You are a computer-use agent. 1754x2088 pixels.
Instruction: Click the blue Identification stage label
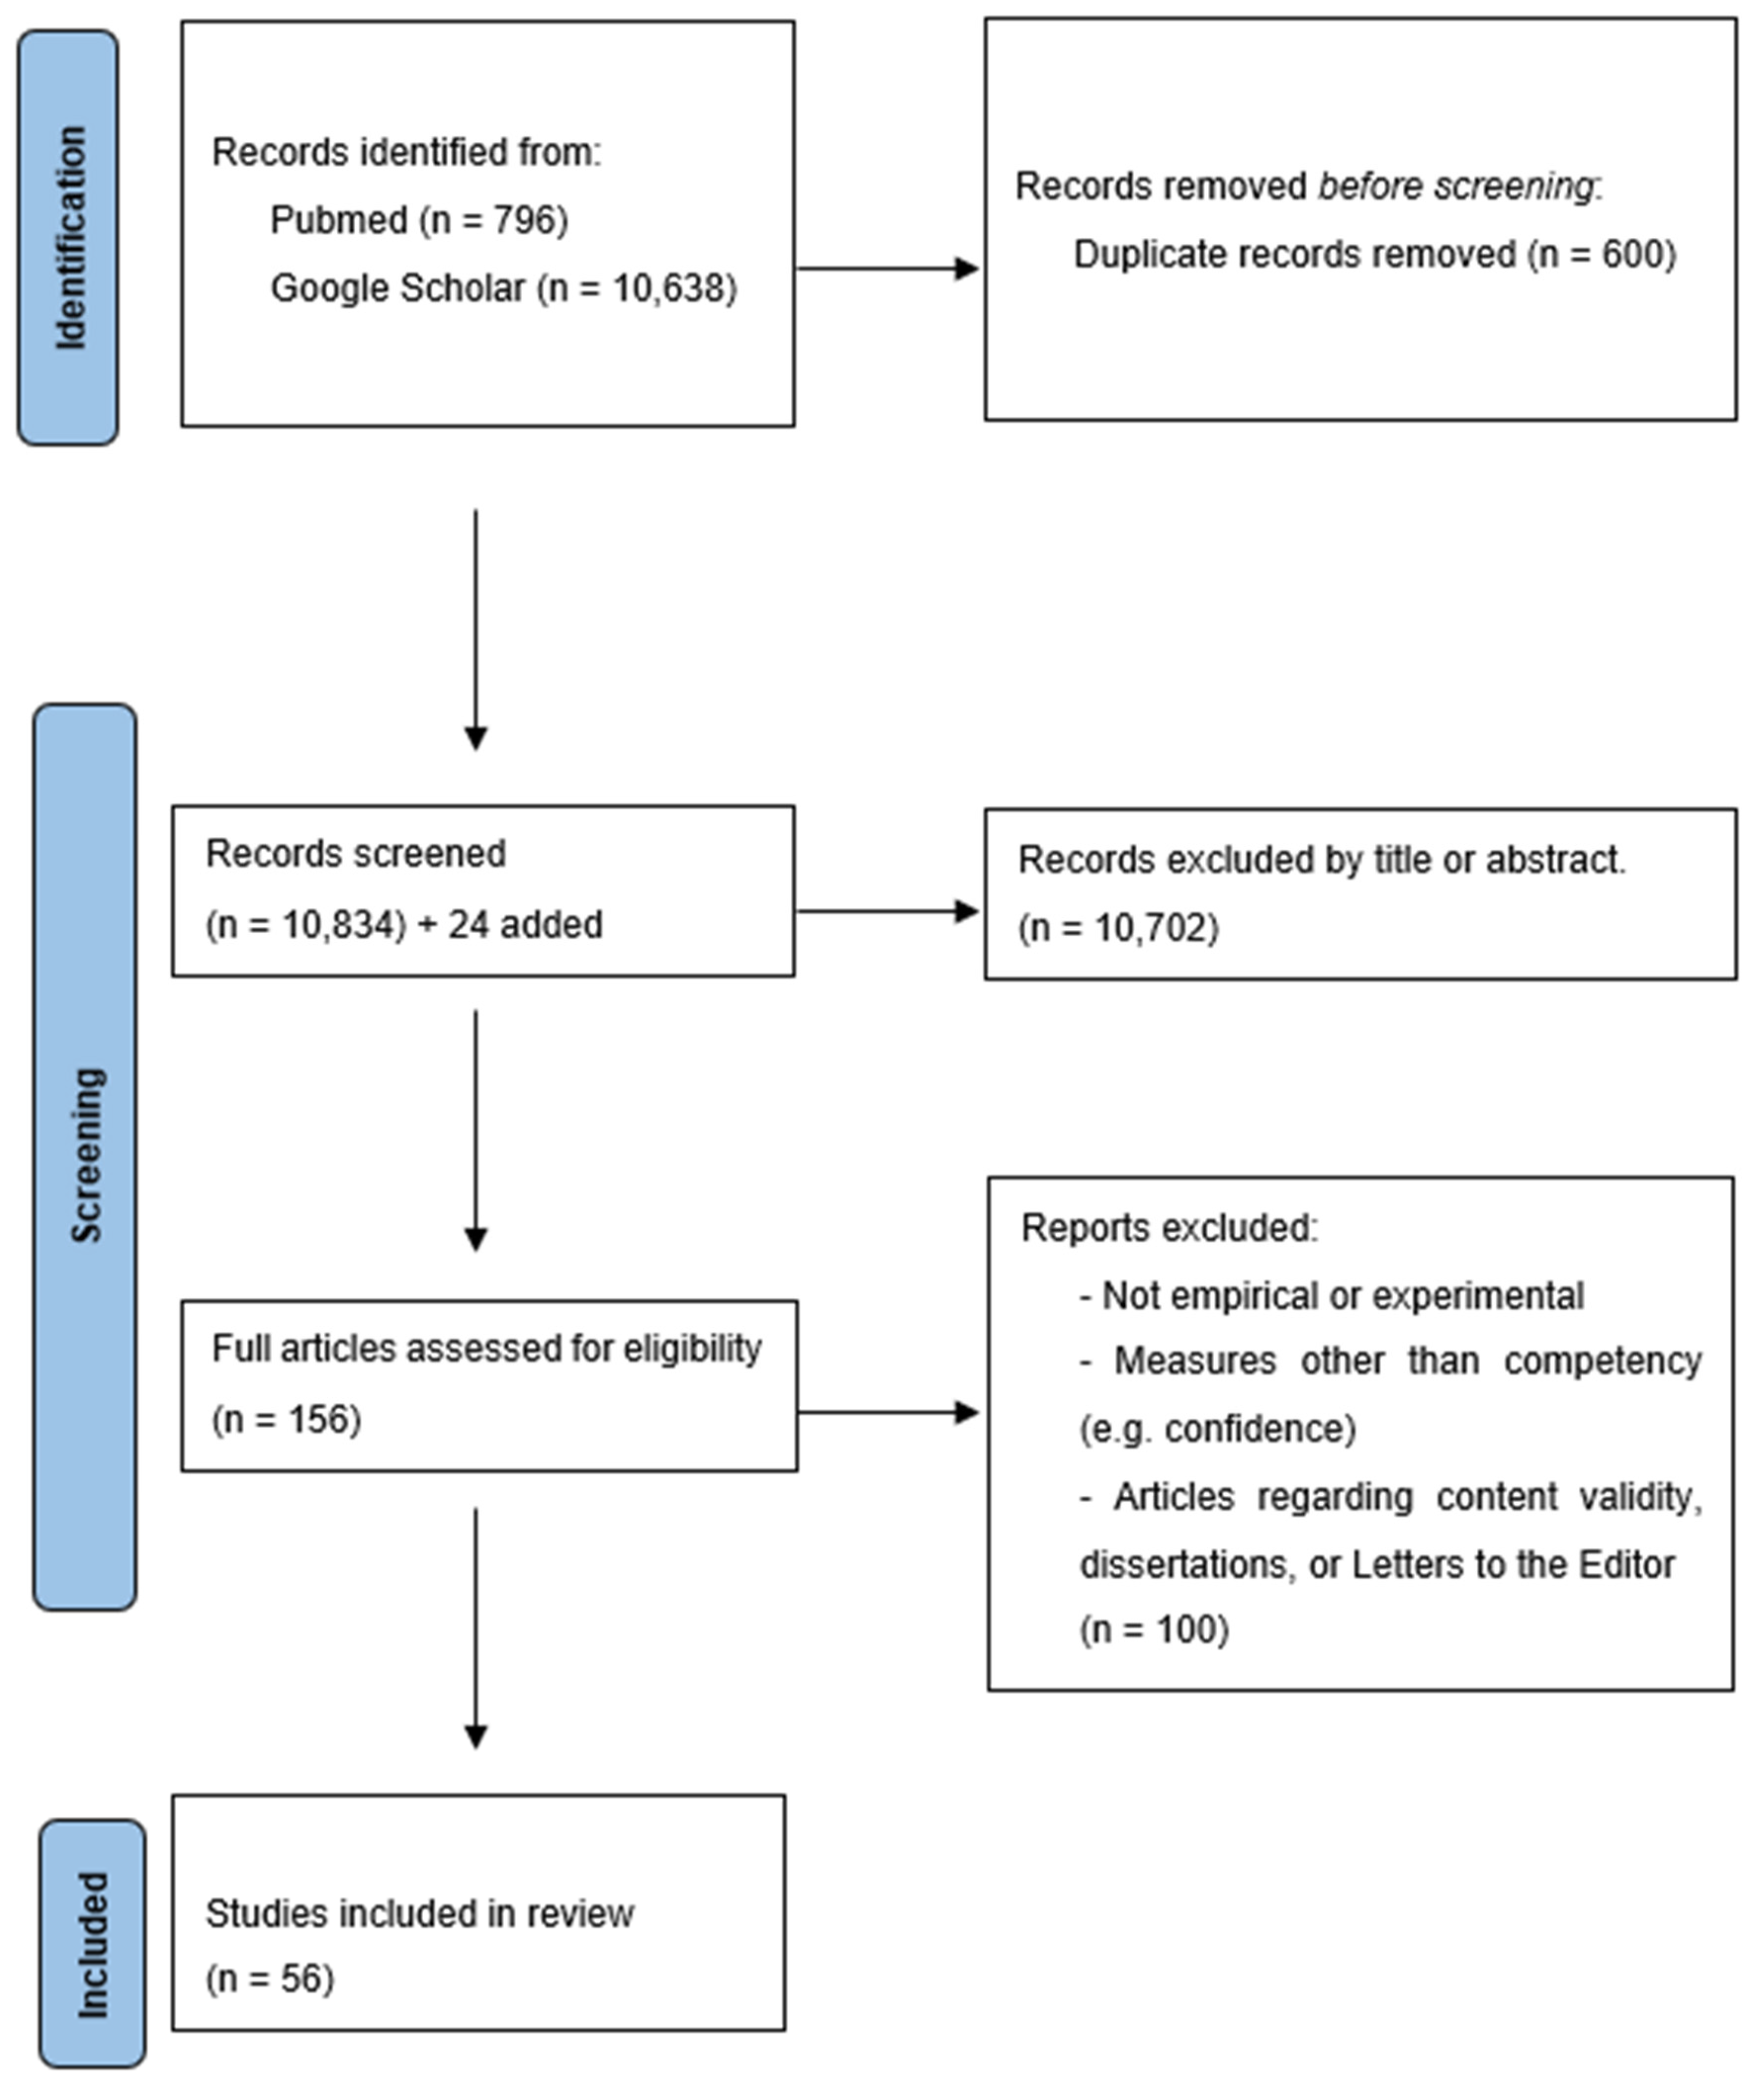[68, 237]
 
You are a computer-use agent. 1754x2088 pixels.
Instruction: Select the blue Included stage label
[92, 1944]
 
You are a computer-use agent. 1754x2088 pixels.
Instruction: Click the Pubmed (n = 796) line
[419, 220]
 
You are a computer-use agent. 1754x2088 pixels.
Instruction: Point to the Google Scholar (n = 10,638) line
[503, 288]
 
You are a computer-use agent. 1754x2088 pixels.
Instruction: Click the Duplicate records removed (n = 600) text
[1374, 255]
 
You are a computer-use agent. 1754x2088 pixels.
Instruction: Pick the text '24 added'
[525, 925]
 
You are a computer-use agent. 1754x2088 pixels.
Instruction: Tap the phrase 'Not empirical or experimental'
[1342, 1297]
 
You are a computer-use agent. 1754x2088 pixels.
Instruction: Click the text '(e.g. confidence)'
[1217, 1429]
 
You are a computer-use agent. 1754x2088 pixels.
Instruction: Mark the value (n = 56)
[269, 1979]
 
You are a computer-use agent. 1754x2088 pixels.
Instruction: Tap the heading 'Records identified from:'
[407, 152]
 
